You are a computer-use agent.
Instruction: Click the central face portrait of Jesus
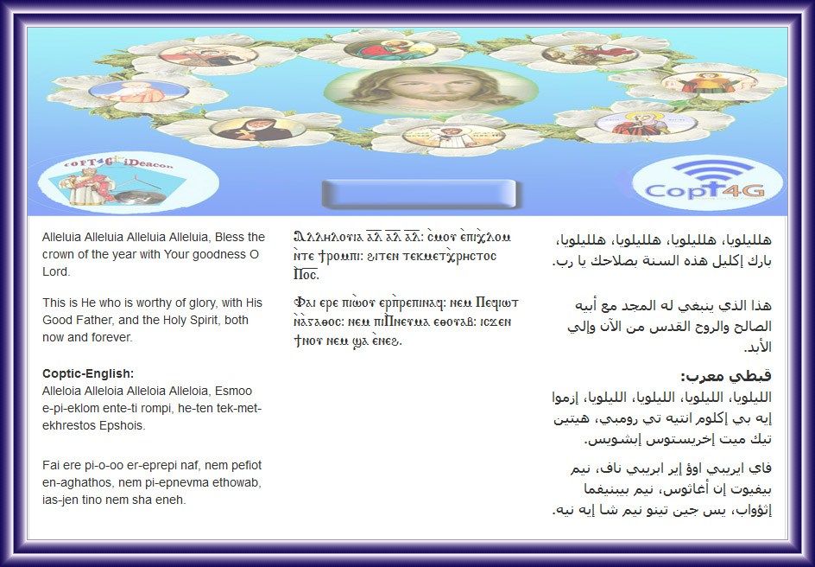[x=430, y=90]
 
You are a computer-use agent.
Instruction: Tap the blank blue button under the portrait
[x=420, y=194]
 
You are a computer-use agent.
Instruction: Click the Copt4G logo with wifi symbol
[x=707, y=183]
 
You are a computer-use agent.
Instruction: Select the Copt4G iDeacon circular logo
[x=128, y=182]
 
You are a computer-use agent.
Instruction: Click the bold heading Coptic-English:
[x=88, y=373]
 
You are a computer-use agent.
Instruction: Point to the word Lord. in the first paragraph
[x=56, y=271]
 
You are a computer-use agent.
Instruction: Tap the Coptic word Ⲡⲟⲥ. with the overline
[x=306, y=274]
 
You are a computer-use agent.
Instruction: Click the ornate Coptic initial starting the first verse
[x=300, y=237]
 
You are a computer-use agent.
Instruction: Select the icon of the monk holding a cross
[x=257, y=129]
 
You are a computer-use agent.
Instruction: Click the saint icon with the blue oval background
[x=139, y=91]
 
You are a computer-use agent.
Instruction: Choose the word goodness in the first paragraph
[x=221, y=254]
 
